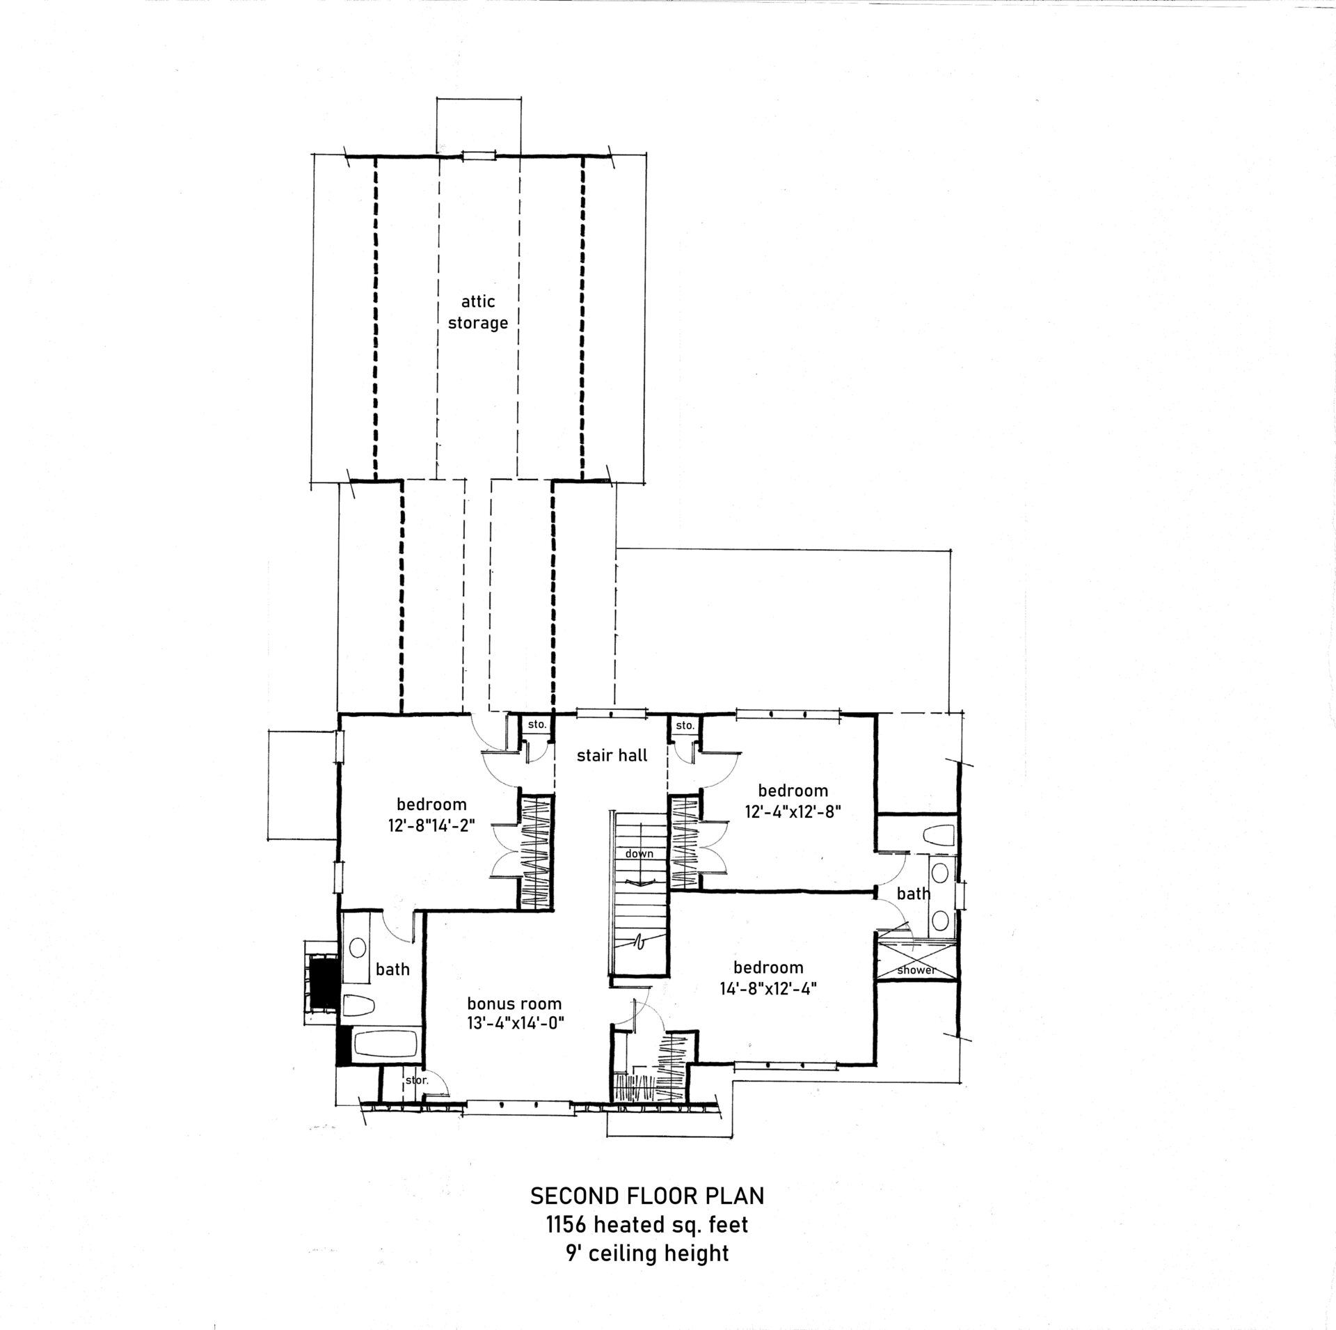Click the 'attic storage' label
(477, 312)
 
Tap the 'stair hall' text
(612, 755)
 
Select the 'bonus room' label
(514, 1004)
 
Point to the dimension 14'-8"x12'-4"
(768, 988)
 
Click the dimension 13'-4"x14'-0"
(514, 1024)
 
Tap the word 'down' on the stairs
(639, 853)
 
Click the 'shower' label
(917, 970)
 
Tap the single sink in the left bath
(358, 947)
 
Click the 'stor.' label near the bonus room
(416, 1100)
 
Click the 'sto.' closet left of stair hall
(537, 725)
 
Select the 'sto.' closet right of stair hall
(685, 725)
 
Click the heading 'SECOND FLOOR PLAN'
(648, 1196)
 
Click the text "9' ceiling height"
(648, 1253)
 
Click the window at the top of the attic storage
(479, 156)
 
